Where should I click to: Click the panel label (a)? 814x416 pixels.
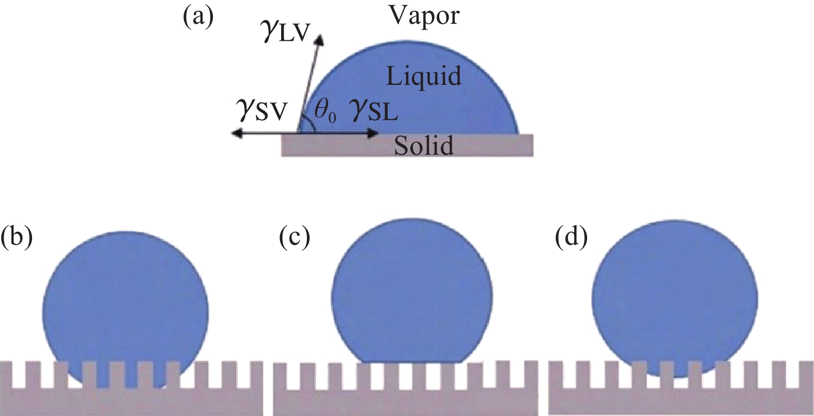click(198, 18)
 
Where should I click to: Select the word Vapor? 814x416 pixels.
click(424, 16)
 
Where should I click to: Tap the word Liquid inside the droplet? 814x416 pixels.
click(424, 77)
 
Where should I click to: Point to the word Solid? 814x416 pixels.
click(424, 145)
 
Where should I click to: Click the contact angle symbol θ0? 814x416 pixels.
click(325, 113)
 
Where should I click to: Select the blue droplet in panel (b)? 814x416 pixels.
click(125, 305)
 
